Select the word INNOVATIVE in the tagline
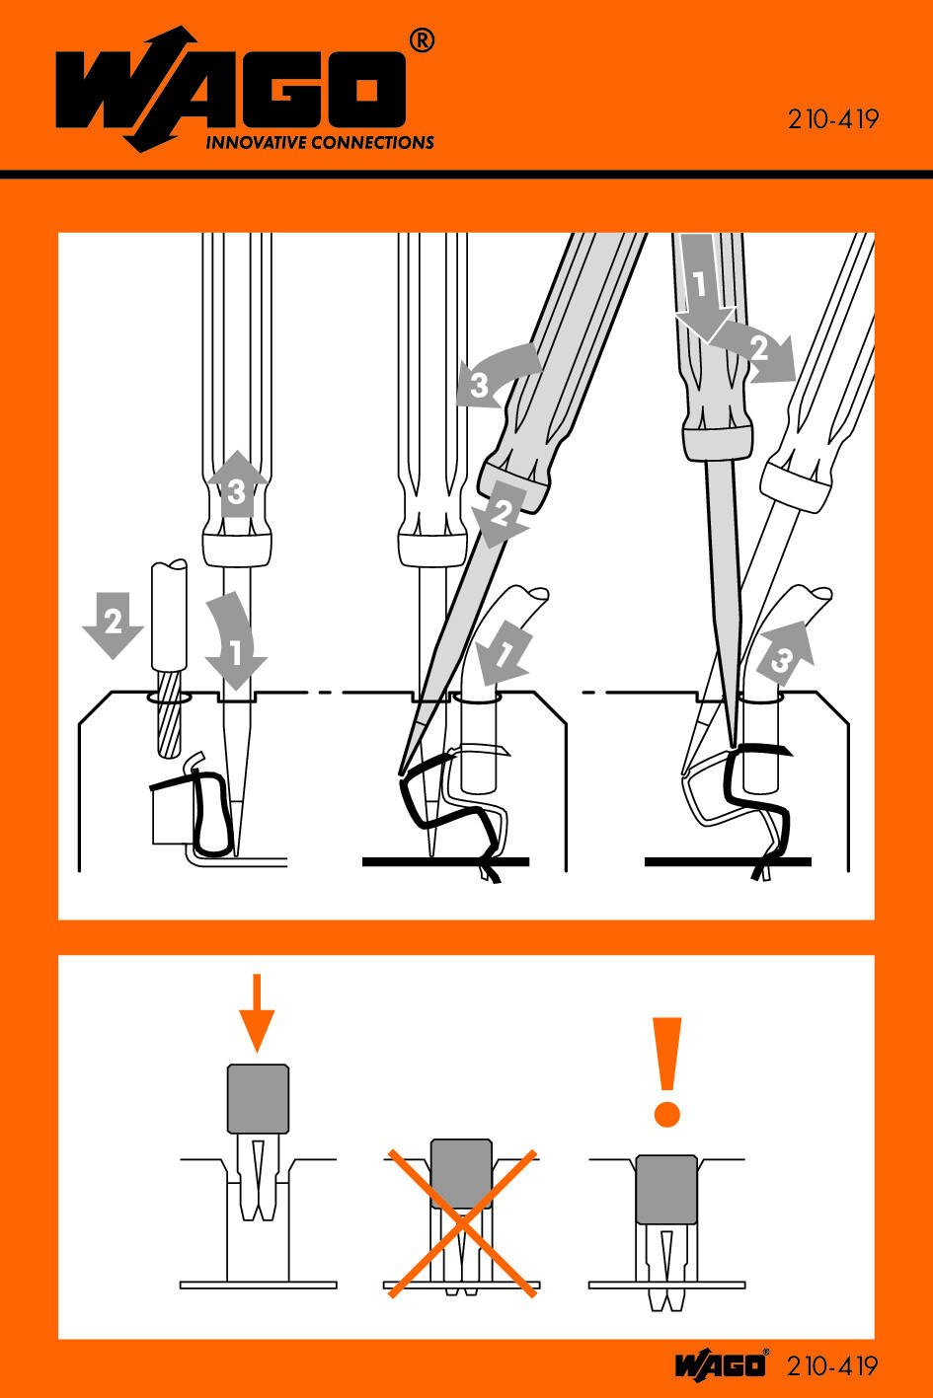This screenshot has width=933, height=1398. tap(256, 142)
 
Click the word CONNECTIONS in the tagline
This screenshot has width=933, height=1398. tap(372, 142)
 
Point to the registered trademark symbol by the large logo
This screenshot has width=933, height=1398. tap(422, 41)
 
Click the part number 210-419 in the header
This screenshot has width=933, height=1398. tap(832, 119)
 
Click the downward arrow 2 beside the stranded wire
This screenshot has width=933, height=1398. tap(113, 625)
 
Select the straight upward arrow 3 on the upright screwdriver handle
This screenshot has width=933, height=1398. tap(237, 485)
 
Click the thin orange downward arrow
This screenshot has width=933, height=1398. tap(256, 1013)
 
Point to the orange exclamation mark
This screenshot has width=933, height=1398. tap(666, 1072)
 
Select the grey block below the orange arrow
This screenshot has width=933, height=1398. tap(258, 1099)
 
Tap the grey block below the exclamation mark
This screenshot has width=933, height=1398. tap(666, 1189)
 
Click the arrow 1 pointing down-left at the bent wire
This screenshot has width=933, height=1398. tap(504, 657)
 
